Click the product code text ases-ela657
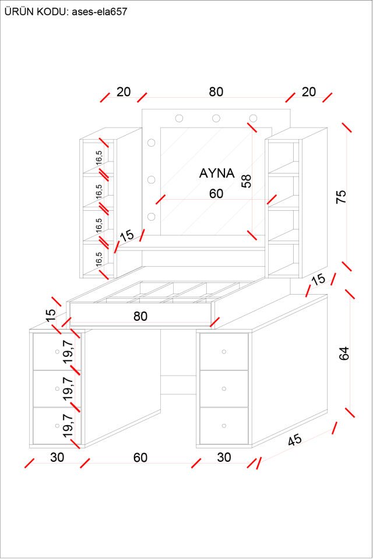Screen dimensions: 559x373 click(x=100, y=11)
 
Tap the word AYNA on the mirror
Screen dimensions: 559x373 click(x=217, y=173)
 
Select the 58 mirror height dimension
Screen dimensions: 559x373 click(x=247, y=181)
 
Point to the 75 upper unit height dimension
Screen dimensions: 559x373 click(x=342, y=196)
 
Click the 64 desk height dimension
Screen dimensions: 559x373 click(x=344, y=353)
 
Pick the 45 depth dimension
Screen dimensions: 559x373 click(x=295, y=440)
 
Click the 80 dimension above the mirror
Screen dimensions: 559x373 click(x=216, y=92)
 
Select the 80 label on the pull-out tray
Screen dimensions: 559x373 click(x=140, y=316)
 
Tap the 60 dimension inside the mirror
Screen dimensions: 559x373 click(x=216, y=194)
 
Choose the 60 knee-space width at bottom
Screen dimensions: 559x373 click(x=140, y=458)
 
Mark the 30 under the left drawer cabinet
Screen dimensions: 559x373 click(x=57, y=458)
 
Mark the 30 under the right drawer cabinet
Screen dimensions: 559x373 click(x=224, y=458)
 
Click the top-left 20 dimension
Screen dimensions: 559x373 click(x=124, y=92)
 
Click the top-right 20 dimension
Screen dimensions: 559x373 click(x=309, y=92)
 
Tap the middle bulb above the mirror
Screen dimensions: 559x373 click(x=216, y=118)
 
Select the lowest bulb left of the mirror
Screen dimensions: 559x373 click(x=152, y=217)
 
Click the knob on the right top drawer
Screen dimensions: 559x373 click(x=224, y=351)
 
